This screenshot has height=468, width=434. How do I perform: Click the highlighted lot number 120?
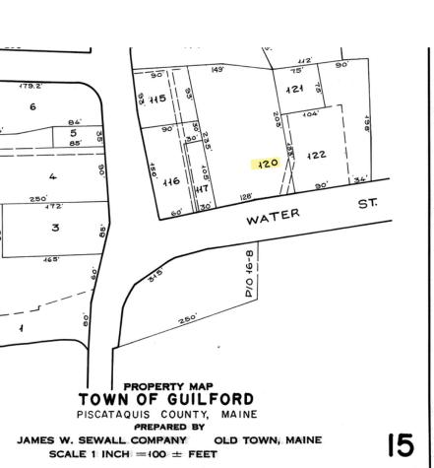click(267, 164)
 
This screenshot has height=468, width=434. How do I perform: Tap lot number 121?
click(294, 90)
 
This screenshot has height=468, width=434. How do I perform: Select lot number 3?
click(55, 228)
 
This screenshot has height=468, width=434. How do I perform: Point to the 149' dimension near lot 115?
click(216, 70)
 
